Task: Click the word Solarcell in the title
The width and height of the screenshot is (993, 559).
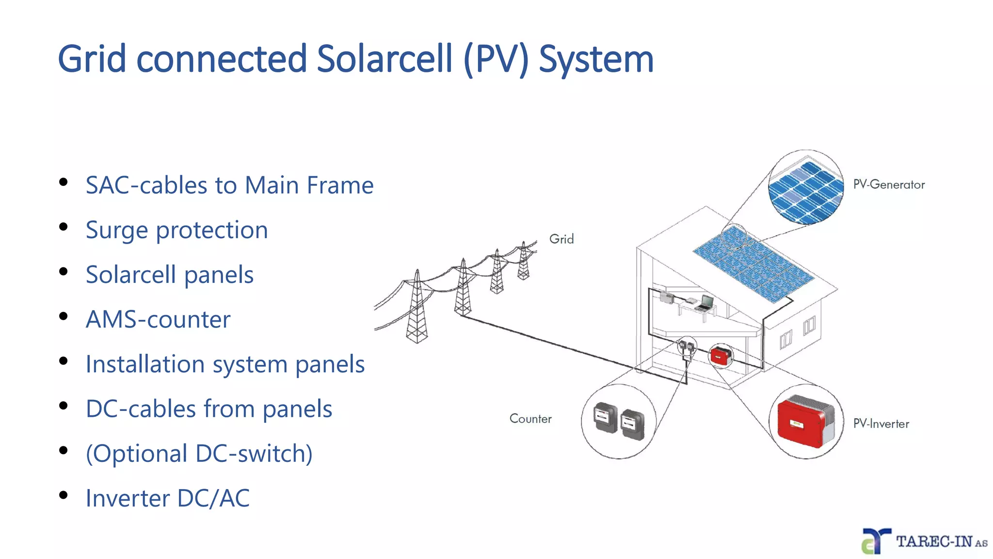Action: (x=384, y=59)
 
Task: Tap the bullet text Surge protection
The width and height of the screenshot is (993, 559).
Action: (x=176, y=230)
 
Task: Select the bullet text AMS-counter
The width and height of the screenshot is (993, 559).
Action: (x=158, y=319)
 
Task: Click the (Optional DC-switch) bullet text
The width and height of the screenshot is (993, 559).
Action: (x=199, y=454)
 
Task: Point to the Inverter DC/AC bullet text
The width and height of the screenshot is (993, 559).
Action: (x=168, y=498)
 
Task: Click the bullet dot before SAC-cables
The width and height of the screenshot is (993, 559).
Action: (x=63, y=182)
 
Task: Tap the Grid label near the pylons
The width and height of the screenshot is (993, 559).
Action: (x=561, y=239)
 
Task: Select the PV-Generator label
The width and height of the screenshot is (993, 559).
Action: (x=889, y=185)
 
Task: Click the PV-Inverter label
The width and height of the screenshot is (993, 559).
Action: (x=881, y=424)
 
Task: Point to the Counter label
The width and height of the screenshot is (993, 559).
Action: (x=530, y=419)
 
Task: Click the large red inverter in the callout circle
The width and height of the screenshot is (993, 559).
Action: (x=802, y=421)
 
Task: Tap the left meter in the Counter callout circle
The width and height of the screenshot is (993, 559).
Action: (x=605, y=417)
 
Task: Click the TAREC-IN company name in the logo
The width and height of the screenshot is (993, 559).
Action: (x=934, y=542)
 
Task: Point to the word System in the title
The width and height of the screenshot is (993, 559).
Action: (x=596, y=59)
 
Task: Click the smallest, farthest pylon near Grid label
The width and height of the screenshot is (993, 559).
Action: (x=524, y=262)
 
